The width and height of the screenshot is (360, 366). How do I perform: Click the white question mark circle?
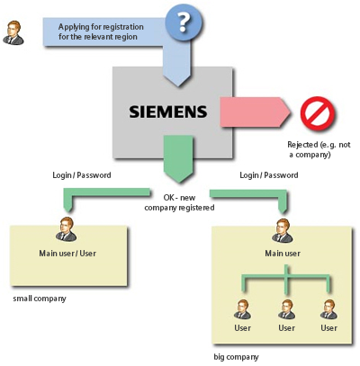tap(184, 22)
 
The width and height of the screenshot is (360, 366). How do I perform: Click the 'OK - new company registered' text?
tap(179, 202)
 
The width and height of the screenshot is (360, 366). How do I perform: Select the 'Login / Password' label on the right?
tap(270, 174)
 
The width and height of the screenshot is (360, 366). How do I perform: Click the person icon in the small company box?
tap(64, 229)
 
